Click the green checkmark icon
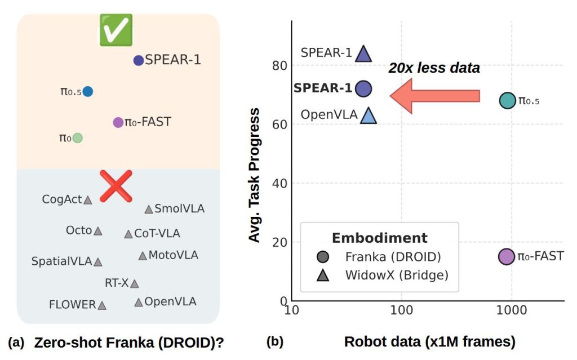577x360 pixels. pyautogui.click(x=116, y=30)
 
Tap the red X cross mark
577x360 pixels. pyautogui.click(x=116, y=186)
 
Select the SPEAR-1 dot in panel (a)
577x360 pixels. pyautogui.click(x=138, y=60)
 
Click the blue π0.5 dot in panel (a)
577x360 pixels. pyautogui.click(x=87, y=91)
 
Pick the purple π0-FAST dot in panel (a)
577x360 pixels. pyautogui.click(x=118, y=122)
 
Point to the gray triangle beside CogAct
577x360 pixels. pyautogui.click(x=88, y=199)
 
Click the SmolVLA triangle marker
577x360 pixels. pyautogui.click(x=148, y=210)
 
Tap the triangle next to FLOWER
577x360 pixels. pyautogui.click(x=101, y=305)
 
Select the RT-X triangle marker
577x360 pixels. pyautogui.click(x=134, y=283)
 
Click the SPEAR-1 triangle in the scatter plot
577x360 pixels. pyautogui.click(x=363, y=54)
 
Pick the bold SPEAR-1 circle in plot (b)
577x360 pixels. pyautogui.click(x=363, y=88)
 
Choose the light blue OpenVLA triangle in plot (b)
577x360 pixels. pyautogui.click(x=368, y=115)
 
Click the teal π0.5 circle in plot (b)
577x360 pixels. pyautogui.click(x=508, y=100)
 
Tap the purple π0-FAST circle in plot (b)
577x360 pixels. pyautogui.click(x=507, y=256)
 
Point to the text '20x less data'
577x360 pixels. pyautogui.click(x=434, y=68)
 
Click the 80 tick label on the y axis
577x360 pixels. pyautogui.click(x=280, y=65)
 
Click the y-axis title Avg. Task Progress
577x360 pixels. pyautogui.click(x=255, y=175)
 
